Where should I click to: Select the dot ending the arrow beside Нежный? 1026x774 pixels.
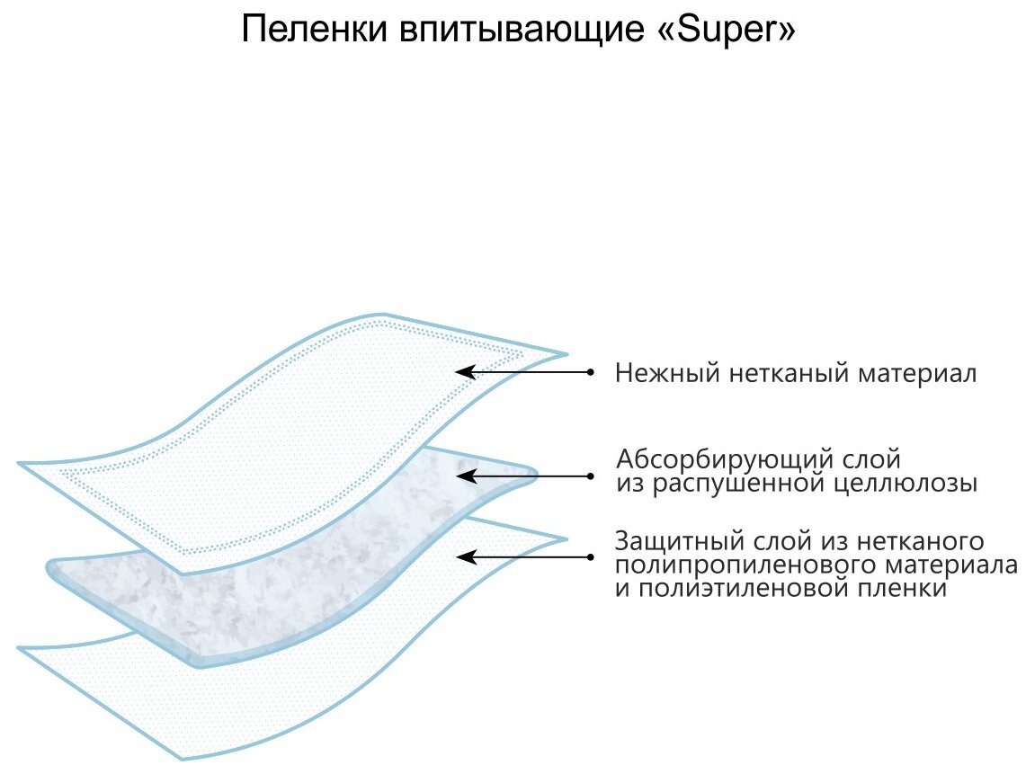pyautogui.click(x=590, y=371)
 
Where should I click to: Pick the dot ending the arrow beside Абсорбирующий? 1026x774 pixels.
pyautogui.click(x=590, y=475)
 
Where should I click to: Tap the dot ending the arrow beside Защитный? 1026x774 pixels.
pyautogui.click(x=590, y=557)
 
